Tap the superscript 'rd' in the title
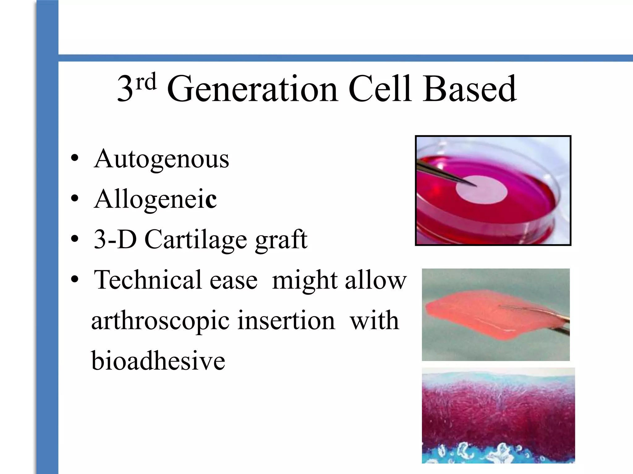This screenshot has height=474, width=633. click(146, 82)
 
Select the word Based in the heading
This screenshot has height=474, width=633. click(469, 89)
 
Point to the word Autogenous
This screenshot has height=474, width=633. click(161, 159)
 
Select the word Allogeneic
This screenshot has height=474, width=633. click(155, 199)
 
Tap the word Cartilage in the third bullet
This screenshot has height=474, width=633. click(196, 239)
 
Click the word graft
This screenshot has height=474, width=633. click(281, 239)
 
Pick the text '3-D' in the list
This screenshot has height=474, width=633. click(115, 239)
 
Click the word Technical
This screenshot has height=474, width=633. click(148, 280)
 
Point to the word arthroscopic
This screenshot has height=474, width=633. click(160, 321)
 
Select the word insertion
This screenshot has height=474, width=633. click(286, 321)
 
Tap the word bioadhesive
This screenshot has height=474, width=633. click(158, 361)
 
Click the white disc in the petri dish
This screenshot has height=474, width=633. click(485, 193)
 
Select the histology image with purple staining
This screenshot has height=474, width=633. click(498, 415)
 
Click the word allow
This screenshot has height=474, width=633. click(375, 280)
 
